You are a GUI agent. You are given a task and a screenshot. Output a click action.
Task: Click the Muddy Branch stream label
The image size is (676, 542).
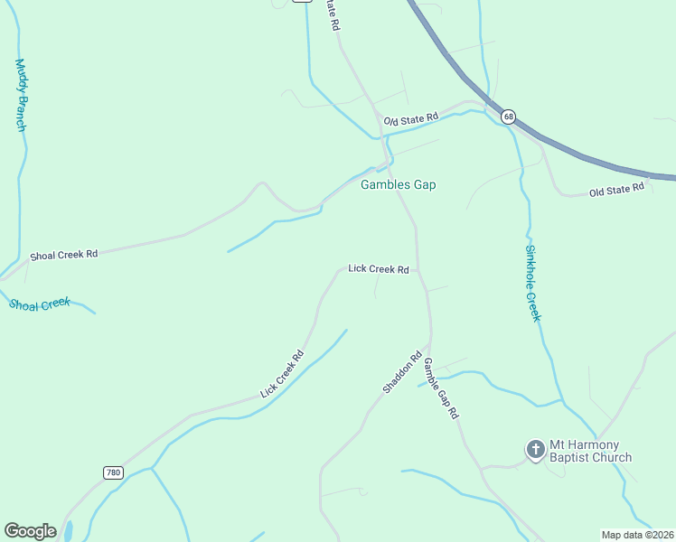pos(20,95)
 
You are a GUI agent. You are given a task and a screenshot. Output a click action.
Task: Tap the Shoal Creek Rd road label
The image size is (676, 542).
pos(63,256)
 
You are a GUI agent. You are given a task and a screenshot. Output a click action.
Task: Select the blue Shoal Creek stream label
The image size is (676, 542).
pos(40,304)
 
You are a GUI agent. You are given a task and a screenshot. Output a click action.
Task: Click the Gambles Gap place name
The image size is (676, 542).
pos(398,184)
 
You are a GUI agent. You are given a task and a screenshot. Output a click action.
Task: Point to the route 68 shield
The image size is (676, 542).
pos(509,117)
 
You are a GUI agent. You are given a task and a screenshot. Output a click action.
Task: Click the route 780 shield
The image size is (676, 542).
pos(113,472)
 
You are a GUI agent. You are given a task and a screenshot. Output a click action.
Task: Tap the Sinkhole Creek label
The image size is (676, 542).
pos(533,282)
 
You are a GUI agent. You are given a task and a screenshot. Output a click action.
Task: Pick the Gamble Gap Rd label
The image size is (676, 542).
pos(442,388)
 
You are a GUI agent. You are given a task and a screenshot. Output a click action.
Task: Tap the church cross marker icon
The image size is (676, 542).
pos(535,449)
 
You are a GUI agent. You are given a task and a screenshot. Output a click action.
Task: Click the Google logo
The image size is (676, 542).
pos(30,531)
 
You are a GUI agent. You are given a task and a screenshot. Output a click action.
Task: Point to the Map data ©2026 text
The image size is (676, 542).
pos(636,534)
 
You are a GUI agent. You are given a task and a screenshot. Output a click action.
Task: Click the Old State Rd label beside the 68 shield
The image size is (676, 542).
pos(410,118)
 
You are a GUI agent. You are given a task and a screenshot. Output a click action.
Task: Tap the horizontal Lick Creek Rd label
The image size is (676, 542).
pos(379,269)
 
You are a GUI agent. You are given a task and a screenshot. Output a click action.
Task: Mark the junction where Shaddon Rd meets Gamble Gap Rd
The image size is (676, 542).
pos(428,348)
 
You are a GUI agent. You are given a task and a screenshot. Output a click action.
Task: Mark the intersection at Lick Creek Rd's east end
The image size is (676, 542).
pos(419,269)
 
